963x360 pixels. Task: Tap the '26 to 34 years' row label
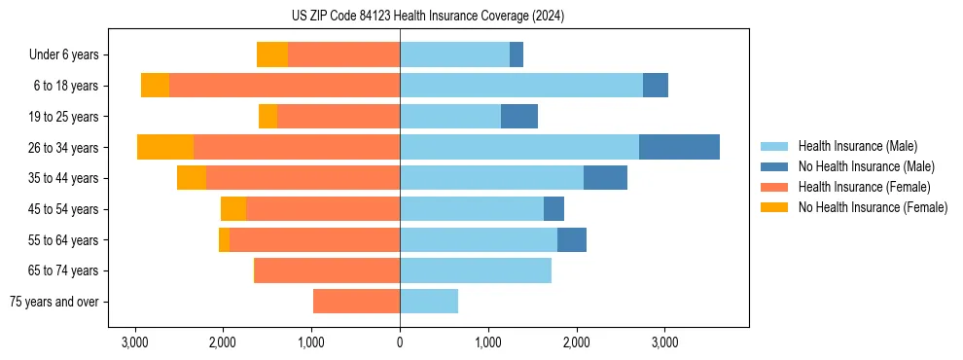click(64, 148)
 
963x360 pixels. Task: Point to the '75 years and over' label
click(56, 302)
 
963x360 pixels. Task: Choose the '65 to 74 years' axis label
click(64, 270)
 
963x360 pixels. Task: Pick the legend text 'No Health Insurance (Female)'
click(873, 207)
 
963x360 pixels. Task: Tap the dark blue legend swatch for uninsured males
click(774, 166)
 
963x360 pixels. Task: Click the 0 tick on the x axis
click(400, 342)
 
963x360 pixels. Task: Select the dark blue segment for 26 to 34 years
click(679, 147)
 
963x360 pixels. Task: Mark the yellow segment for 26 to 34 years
click(165, 147)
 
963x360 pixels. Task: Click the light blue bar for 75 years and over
click(429, 302)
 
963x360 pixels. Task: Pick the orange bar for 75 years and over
click(356, 302)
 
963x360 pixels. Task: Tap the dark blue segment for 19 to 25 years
click(519, 117)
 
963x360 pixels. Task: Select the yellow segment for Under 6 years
click(272, 54)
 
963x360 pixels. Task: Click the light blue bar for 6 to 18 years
click(521, 86)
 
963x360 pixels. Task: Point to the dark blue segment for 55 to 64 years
click(572, 239)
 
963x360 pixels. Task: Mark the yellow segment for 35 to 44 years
click(192, 178)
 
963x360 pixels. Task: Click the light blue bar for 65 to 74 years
click(476, 270)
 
